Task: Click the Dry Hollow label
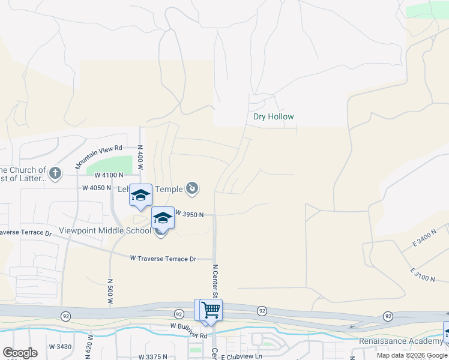[274, 117]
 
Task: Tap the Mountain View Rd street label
[99, 156]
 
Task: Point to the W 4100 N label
[109, 175]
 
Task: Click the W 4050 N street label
[97, 188]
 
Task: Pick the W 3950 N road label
[190, 214]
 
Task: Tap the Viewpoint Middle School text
[104, 230]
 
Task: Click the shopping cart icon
[211, 310]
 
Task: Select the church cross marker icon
[55, 174]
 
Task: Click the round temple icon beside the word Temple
[192, 190]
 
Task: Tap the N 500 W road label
[110, 290]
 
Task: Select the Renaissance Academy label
[401, 341]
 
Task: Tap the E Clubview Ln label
[241, 356]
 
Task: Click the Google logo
[20, 353]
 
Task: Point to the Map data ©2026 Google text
[411, 355]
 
